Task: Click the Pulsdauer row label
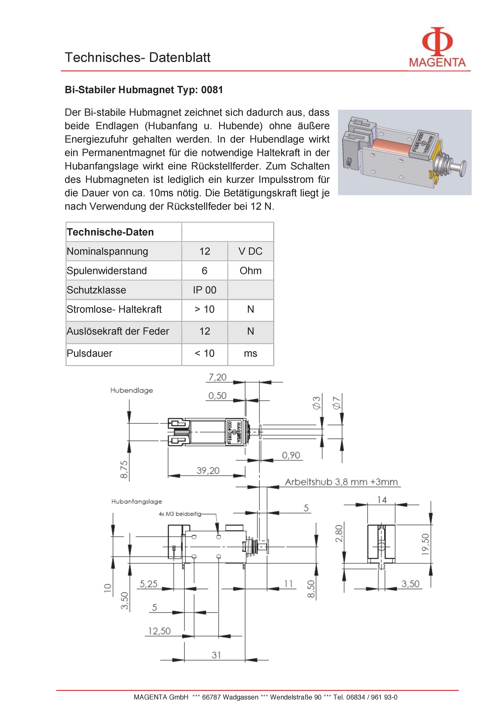coord(89,353)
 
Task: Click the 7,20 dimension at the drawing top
coord(217,377)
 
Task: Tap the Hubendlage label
coord(132,390)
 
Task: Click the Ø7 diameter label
coord(337,403)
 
